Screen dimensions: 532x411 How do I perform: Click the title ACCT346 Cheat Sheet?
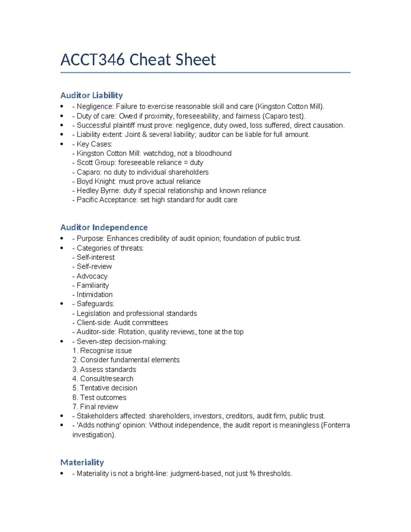point(138,60)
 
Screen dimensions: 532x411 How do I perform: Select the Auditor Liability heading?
point(91,95)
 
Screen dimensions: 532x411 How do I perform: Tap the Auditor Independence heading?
point(104,227)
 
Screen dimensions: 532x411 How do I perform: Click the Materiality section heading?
point(82,462)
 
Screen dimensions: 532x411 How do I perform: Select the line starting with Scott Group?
point(138,163)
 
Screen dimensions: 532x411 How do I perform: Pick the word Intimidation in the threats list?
point(95,295)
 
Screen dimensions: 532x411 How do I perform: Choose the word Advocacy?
point(92,276)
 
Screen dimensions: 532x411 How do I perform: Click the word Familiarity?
point(92,285)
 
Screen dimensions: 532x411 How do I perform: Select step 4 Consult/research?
point(103,379)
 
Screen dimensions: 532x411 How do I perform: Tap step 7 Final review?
point(96,407)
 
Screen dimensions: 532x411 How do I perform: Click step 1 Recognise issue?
point(102,351)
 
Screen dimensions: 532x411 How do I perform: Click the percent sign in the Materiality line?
point(252,474)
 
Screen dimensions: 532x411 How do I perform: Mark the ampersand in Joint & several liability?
point(144,135)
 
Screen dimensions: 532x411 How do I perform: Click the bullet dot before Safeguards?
point(62,304)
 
